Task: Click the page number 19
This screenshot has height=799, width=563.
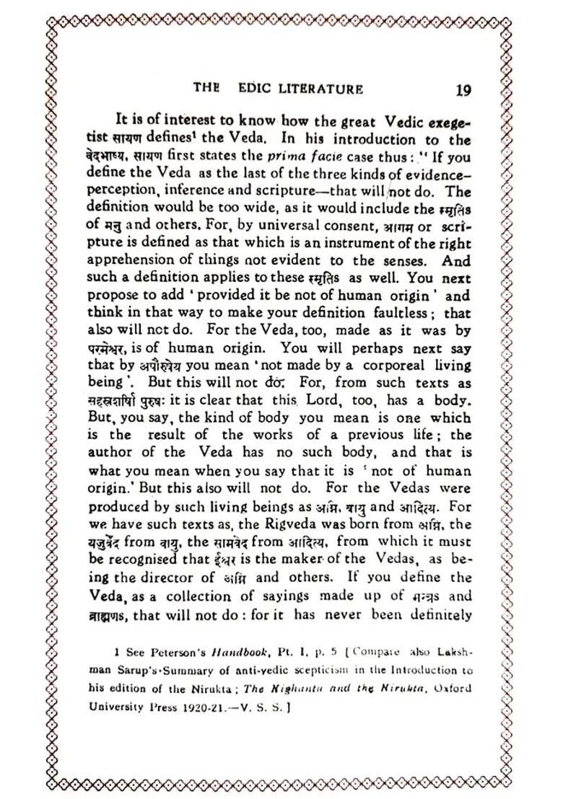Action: pyautogui.click(x=464, y=90)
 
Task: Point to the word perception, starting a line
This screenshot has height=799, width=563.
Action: pyautogui.click(x=126, y=193)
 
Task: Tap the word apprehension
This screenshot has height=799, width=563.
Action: pyautogui.click(x=134, y=262)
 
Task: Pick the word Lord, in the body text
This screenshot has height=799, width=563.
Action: pyautogui.click(x=326, y=400)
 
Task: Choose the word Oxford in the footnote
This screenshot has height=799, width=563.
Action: pyautogui.click(x=455, y=688)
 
